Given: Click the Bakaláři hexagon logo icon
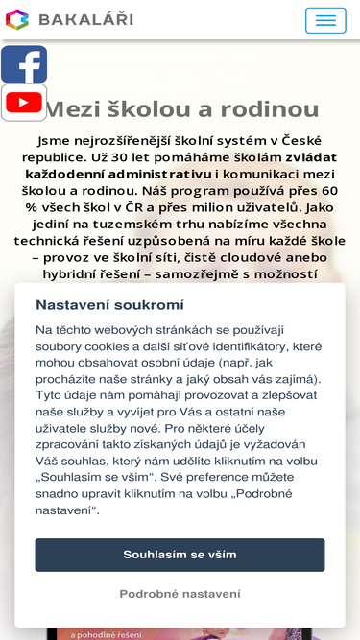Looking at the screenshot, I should pos(17,19).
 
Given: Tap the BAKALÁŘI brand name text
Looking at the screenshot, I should pos(85,19).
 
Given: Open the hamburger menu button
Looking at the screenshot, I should pos(325,20).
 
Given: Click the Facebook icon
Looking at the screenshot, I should pos(24,65).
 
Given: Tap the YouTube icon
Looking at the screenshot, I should pos(24,103).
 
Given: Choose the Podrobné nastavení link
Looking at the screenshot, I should pos(180,594).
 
